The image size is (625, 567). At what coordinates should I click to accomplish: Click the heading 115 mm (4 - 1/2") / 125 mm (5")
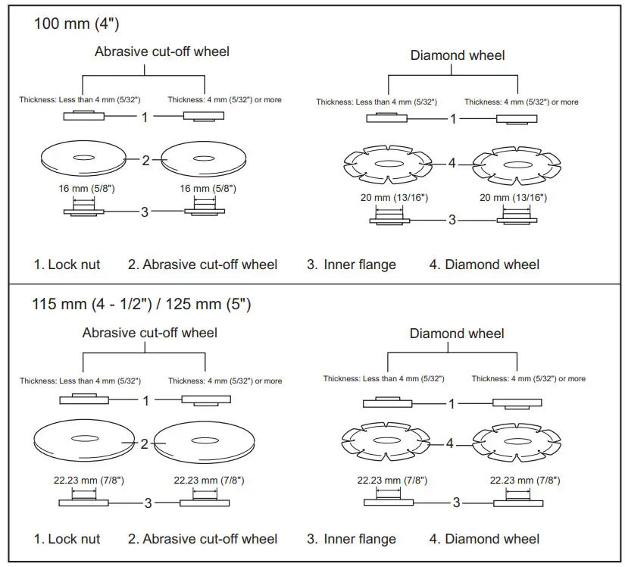point(141,305)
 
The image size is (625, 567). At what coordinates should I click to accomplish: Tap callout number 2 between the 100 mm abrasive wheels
point(145,160)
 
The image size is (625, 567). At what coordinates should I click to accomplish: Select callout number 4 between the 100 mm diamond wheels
point(452,163)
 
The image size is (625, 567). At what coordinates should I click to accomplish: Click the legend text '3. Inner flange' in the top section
point(352,265)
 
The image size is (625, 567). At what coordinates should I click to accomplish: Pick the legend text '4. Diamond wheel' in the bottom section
point(484,539)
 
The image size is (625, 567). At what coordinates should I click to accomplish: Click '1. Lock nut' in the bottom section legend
point(67,539)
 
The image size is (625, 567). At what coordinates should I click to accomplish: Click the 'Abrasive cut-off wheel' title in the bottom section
point(149,333)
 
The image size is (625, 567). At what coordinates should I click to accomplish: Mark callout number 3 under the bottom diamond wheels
point(456,503)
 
